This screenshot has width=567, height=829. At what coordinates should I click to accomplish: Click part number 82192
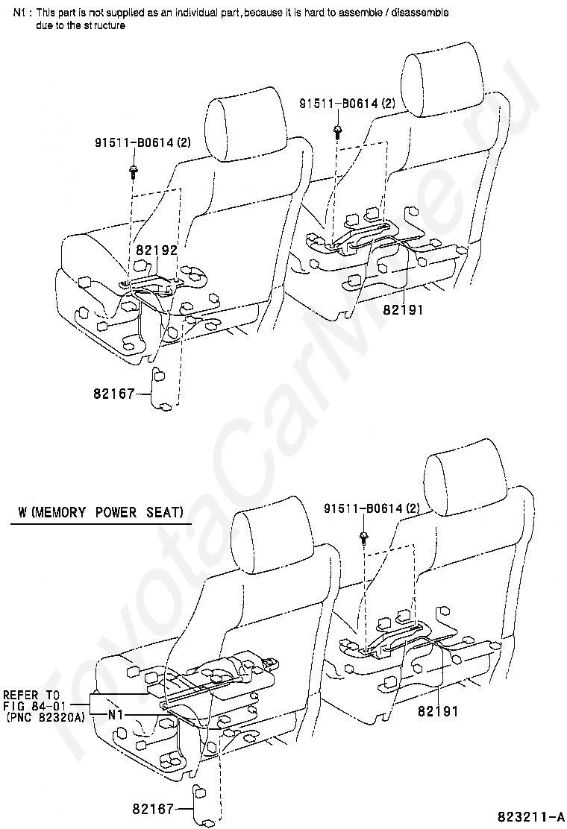[x=157, y=250]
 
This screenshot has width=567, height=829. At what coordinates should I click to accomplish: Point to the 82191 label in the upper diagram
[x=403, y=309]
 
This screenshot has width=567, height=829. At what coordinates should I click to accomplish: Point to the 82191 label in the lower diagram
[x=438, y=711]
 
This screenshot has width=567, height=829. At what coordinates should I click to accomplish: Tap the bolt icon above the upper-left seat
[x=132, y=171]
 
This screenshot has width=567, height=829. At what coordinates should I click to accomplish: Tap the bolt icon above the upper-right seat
[x=338, y=131]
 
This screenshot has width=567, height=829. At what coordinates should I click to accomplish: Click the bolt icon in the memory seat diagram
[x=363, y=536]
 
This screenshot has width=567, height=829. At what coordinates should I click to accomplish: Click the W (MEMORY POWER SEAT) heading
[x=101, y=513]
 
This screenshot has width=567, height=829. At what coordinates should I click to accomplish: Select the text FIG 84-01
[x=35, y=705]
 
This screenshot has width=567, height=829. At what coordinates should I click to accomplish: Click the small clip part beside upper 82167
[x=162, y=388]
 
